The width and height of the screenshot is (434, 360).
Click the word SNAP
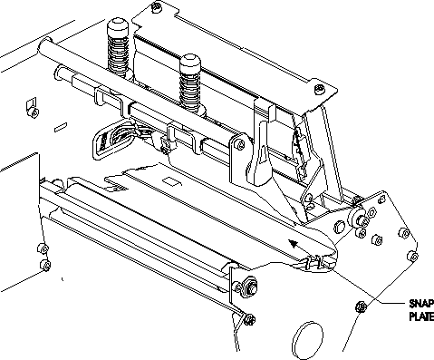(421, 303)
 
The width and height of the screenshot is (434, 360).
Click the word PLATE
(421, 316)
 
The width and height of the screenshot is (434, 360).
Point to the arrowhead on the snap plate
(294, 243)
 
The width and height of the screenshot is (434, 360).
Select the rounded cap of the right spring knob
(190, 63)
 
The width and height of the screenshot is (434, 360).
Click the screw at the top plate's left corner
(157, 6)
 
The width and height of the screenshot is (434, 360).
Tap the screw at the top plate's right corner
(319, 89)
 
